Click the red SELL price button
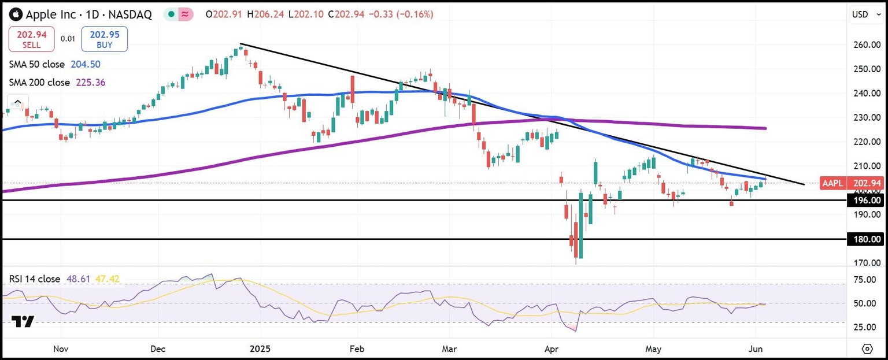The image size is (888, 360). (32, 39)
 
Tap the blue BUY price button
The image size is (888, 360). (105, 39)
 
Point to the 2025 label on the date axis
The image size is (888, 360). (260, 350)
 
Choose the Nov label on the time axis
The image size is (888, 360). (61, 350)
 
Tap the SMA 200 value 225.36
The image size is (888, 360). (91, 82)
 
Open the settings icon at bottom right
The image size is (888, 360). (867, 348)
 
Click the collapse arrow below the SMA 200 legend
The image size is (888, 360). (17, 102)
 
